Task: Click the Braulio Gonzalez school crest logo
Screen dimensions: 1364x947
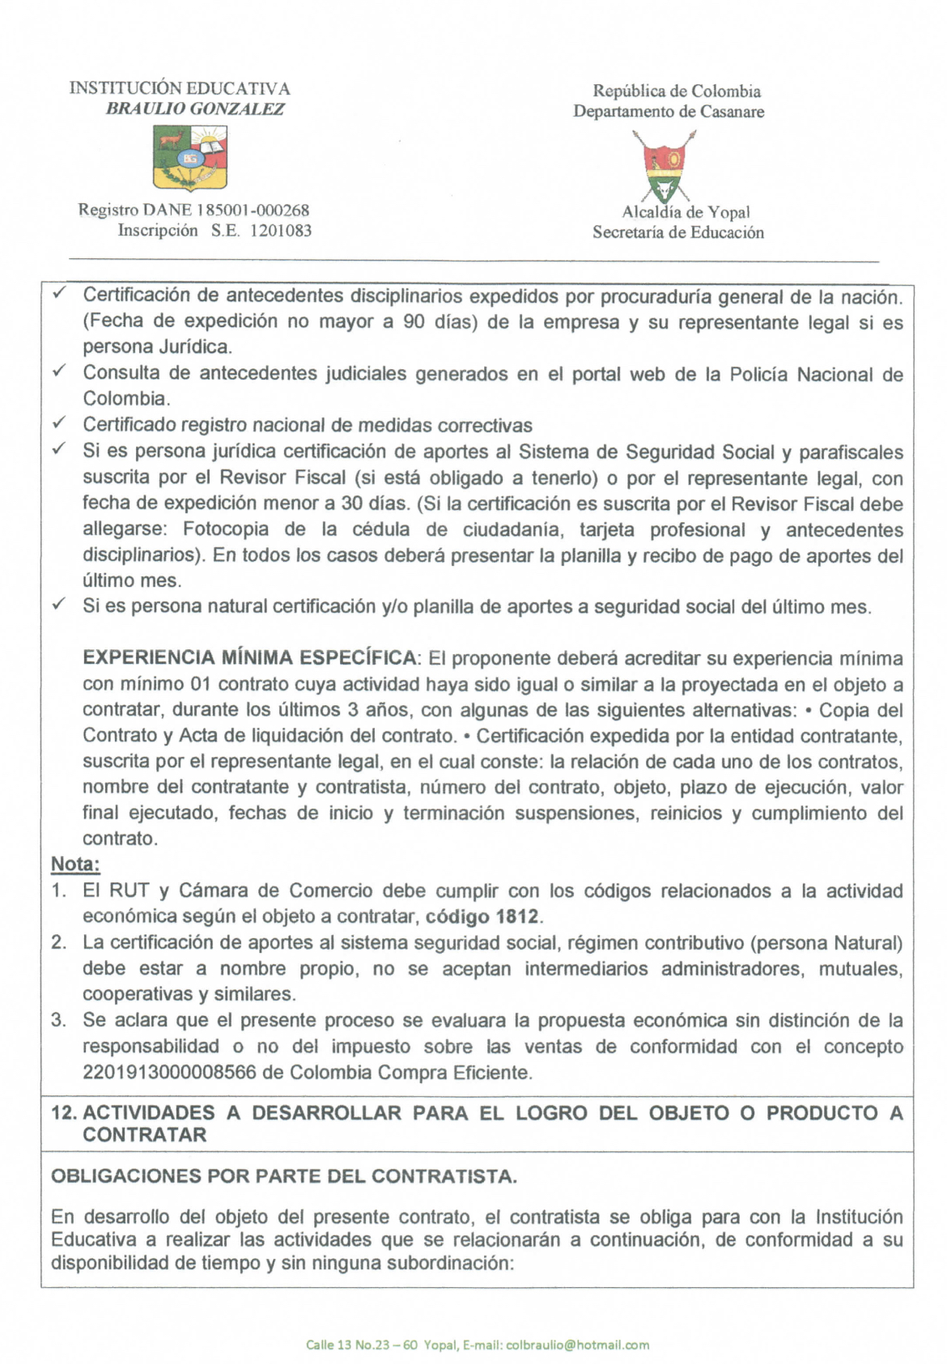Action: tap(190, 159)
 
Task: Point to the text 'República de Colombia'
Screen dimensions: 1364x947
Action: tap(677, 91)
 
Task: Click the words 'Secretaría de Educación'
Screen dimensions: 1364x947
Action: tap(677, 232)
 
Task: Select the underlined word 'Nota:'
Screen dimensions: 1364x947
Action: tap(75, 864)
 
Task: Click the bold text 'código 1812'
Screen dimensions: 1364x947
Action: tap(482, 916)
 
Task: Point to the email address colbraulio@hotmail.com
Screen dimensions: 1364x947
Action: tap(577, 1345)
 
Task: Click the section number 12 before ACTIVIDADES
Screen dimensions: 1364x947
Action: tap(63, 1112)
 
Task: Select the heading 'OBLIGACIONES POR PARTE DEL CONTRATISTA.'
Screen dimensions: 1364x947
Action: tap(283, 1175)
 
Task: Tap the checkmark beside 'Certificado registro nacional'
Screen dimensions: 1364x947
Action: tap(58, 423)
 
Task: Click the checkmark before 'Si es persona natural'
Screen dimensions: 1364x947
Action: tap(58, 605)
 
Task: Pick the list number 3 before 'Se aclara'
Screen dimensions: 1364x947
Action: tap(58, 1020)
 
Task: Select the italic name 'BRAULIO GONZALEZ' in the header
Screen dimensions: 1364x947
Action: tap(195, 109)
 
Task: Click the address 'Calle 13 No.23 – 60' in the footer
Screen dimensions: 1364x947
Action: tap(362, 1345)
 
